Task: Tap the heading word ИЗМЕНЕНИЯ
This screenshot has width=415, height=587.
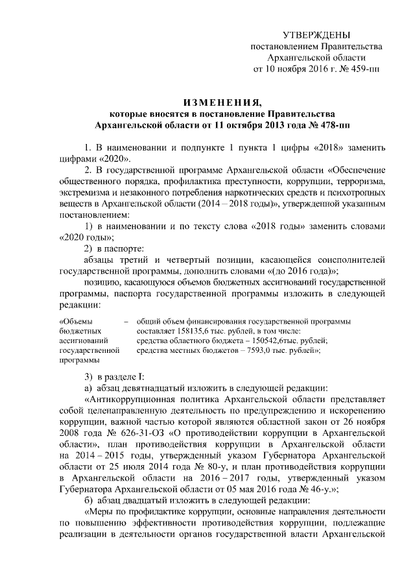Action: [222, 102]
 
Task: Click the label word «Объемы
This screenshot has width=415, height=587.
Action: [76, 319]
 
